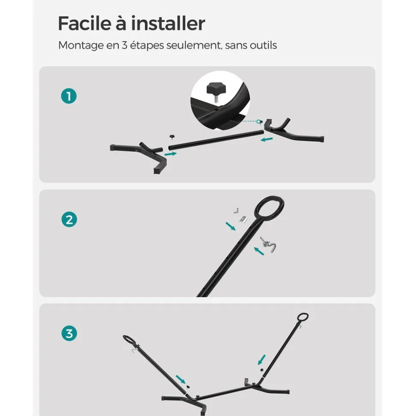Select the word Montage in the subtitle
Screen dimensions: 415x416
pyautogui.click(x=81, y=45)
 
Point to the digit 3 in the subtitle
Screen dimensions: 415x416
pyautogui.click(x=124, y=45)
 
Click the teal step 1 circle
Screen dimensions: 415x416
pyautogui.click(x=69, y=96)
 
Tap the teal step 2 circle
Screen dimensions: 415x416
pyautogui.click(x=69, y=219)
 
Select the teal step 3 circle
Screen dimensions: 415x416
pyautogui.click(x=69, y=333)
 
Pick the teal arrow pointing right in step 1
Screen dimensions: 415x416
pyautogui.click(x=171, y=154)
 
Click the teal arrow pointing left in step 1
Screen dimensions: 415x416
pyautogui.click(x=267, y=139)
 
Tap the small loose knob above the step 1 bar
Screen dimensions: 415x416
pyautogui.click(x=172, y=138)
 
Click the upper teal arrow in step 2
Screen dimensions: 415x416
pyautogui.click(x=230, y=226)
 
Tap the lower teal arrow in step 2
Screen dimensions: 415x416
pyautogui.click(x=259, y=251)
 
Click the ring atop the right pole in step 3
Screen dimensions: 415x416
pyautogui.click(x=303, y=317)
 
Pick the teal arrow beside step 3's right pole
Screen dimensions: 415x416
pyautogui.click(x=262, y=360)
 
